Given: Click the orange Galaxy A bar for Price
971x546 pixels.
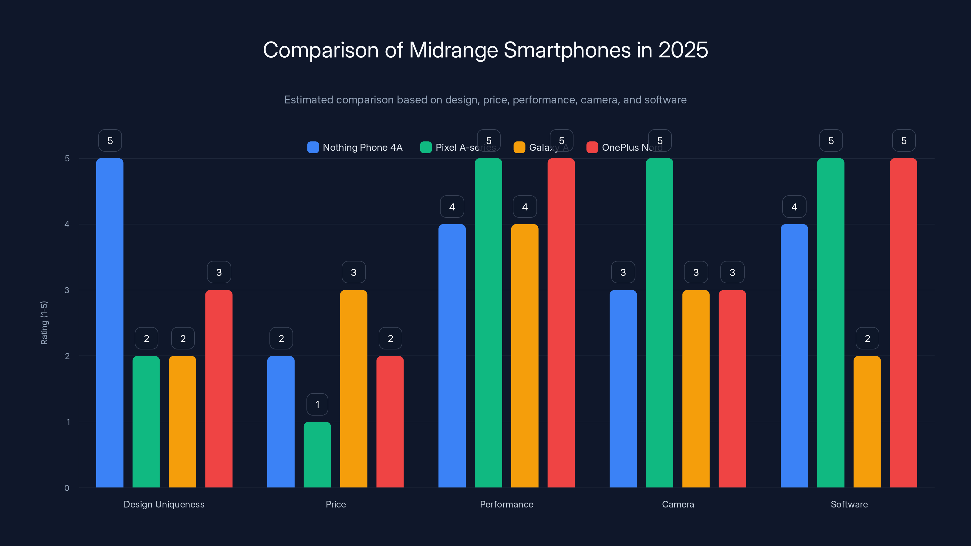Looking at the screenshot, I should pyautogui.click(x=353, y=389).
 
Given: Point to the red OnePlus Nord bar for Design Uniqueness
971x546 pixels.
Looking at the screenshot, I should pyautogui.click(x=218, y=389).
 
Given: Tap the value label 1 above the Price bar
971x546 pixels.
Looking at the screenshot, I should pyautogui.click(x=317, y=404).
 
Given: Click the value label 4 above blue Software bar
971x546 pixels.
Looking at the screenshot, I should pyautogui.click(x=794, y=207).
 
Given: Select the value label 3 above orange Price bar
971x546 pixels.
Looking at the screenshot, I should pyautogui.click(x=353, y=272).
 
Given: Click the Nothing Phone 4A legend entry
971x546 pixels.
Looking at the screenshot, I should pyautogui.click(x=362, y=147).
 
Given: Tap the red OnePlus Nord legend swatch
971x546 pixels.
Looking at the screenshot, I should pyautogui.click(x=592, y=147).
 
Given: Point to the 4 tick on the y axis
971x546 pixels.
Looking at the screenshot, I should pyautogui.click(x=67, y=224).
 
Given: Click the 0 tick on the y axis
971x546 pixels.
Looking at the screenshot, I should pyautogui.click(x=67, y=488).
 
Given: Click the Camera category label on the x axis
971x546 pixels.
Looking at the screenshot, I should pyautogui.click(x=678, y=504).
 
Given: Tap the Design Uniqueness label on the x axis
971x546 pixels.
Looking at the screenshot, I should pyautogui.click(x=164, y=504).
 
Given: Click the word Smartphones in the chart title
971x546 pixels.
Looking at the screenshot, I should pyautogui.click(x=567, y=50).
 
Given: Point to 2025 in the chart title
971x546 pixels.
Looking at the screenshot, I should pyautogui.click(x=683, y=50).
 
